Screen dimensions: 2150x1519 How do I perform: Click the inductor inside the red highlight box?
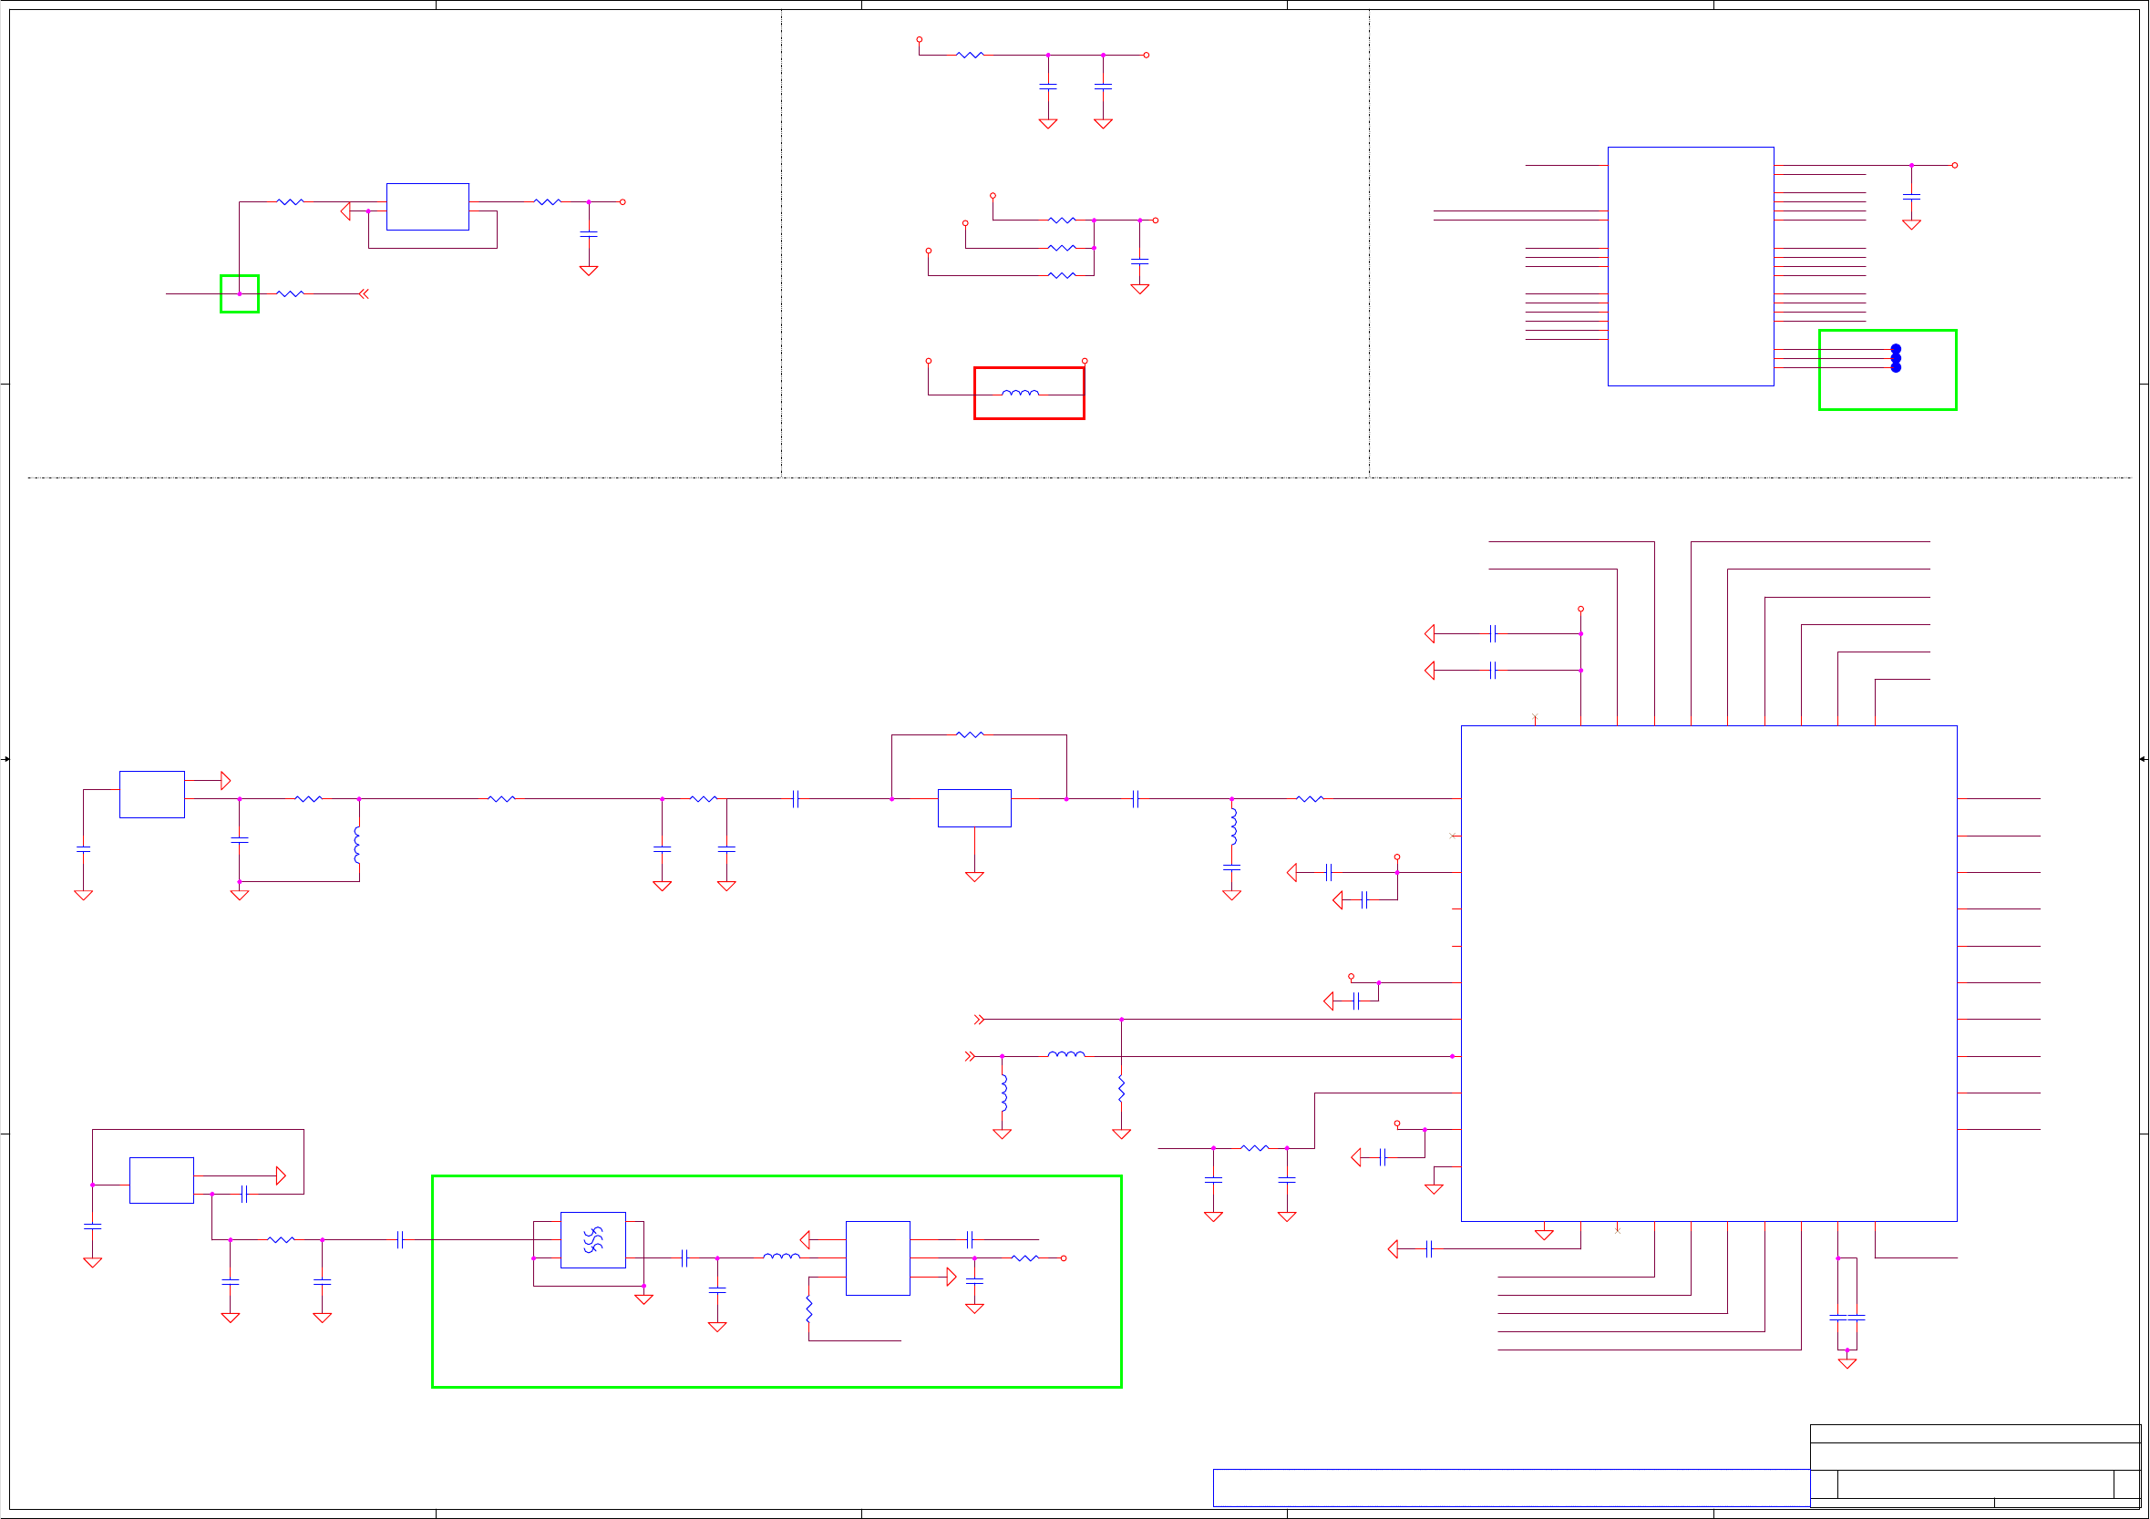(x=1020, y=394)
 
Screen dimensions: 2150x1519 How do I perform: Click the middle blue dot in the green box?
(x=1897, y=359)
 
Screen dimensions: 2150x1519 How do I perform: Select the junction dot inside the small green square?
(x=240, y=294)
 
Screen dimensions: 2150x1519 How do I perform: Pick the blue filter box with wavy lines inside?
(x=592, y=1240)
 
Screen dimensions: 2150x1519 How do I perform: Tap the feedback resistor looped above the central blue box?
(x=970, y=735)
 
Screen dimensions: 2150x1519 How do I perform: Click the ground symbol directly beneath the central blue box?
(x=975, y=877)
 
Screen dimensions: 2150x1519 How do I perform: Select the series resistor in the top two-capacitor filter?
(x=970, y=56)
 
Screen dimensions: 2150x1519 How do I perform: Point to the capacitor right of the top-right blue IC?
(x=1912, y=197)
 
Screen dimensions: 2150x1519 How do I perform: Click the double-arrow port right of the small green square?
(x=364, y=294)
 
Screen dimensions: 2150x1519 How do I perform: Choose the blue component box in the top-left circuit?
(x=428, y=207)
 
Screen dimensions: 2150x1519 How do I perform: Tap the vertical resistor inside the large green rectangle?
(x=809, y=1309)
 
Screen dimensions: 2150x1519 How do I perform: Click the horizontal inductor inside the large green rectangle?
(x=781, y=1257)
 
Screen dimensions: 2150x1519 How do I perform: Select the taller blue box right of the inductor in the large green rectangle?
(x=878, y=1257)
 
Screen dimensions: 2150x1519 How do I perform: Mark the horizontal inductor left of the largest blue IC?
(x=1066, y=1055)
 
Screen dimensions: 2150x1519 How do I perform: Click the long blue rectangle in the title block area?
(x=1510, y=1487)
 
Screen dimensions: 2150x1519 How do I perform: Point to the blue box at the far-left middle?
(x=151, y=795)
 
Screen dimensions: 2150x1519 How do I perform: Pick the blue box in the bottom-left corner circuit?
(x=161, y=1180)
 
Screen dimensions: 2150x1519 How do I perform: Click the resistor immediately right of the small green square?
(x=291, y=294)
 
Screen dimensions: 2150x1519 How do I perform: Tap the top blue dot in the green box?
(x=1897, y=349)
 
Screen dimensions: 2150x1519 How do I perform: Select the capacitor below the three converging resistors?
(x=1139, y=261)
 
